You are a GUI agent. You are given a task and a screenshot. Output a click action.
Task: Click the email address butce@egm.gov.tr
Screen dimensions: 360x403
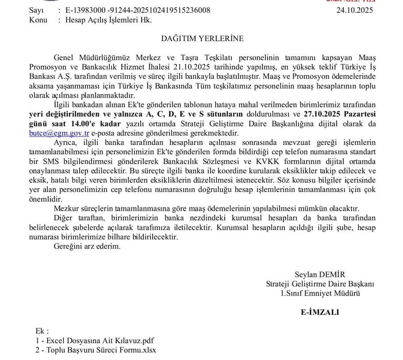pyautogui.click(x=59, y=133)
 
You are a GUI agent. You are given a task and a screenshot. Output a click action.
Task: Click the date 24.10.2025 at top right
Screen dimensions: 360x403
pyautogui.click(x=355, y=10)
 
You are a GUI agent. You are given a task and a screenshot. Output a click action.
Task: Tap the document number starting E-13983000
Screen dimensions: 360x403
pyautogui.click(x=138, y=10)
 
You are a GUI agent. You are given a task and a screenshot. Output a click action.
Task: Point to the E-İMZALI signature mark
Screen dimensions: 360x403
pyautogui.click(x=320, y=312)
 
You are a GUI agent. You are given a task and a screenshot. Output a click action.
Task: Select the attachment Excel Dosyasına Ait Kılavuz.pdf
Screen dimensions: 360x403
pyautogui.click(x=95, y=341)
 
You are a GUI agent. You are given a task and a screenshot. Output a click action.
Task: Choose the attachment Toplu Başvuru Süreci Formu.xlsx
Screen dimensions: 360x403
pyautogui.click(x=96, y=350)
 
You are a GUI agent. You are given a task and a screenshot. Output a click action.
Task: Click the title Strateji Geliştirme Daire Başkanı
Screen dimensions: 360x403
pyautogui.click(x=320, y=283)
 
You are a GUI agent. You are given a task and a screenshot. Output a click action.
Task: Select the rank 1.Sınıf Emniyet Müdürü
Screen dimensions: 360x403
pyautogui.click(x=320, y=293)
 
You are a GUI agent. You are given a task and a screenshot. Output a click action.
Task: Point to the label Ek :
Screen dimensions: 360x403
pyautogui.click(x=42, y=331)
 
